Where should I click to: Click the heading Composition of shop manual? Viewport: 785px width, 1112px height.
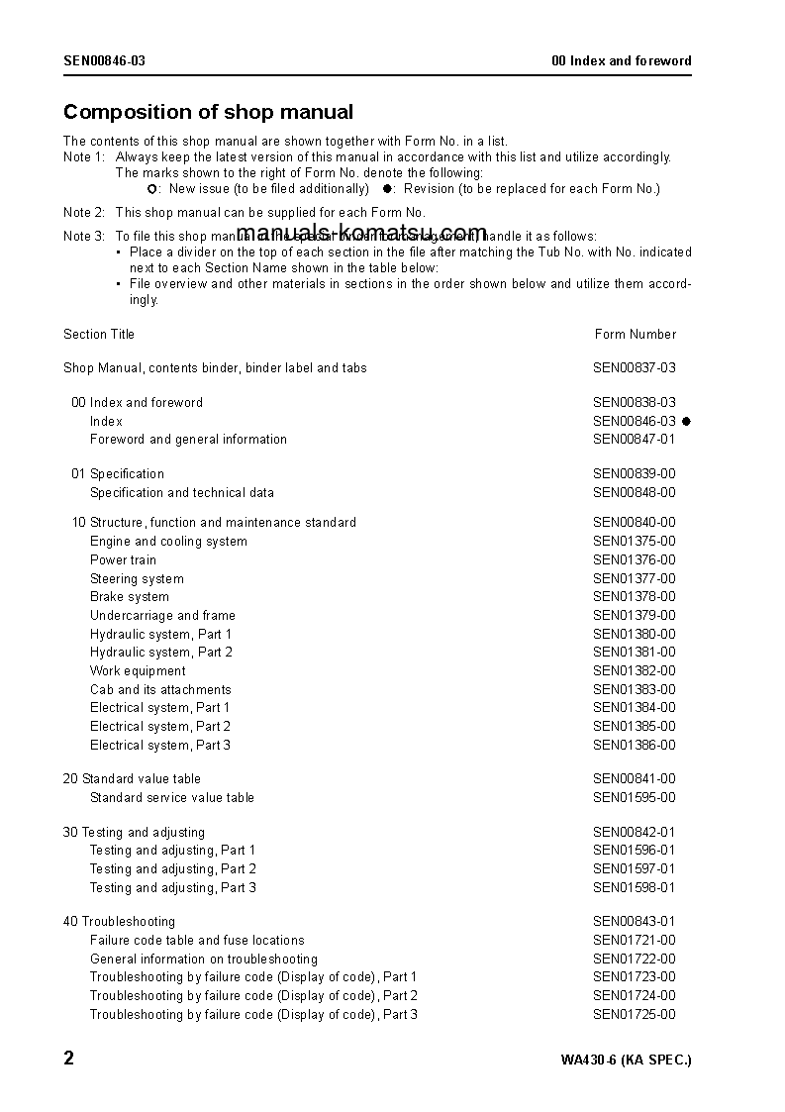(208, 113)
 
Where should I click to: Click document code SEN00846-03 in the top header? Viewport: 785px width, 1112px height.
(104, 61)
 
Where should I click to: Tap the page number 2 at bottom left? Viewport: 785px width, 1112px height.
(68, 1059)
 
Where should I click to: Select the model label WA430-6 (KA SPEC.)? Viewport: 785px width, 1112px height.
(626, 1061)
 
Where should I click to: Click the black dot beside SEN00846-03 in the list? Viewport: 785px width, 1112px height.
(686, 422)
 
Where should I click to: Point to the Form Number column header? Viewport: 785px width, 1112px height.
(635, 335)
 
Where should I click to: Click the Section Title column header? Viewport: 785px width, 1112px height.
(99, 335)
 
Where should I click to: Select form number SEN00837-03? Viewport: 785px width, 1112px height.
(634, 368)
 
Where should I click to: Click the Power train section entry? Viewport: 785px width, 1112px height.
(123, 560)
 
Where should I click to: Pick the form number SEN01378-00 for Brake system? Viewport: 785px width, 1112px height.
(634, 597)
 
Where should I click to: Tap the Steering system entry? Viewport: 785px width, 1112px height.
(137, 579)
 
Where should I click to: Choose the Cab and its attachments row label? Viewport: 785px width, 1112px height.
(160, 690)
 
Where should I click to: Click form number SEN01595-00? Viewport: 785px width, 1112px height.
(634, 798)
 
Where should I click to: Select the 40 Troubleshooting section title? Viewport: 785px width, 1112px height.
(119, 922)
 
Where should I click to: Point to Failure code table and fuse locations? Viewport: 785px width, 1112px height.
(197, 941)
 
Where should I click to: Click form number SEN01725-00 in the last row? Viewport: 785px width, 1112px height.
(634, 1015)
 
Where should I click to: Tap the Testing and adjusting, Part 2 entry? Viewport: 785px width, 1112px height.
(173, 869)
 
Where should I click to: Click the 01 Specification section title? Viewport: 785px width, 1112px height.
(117, 474)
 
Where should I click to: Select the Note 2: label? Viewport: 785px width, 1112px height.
(84, 213)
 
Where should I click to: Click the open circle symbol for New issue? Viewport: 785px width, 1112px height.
(151, 189)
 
